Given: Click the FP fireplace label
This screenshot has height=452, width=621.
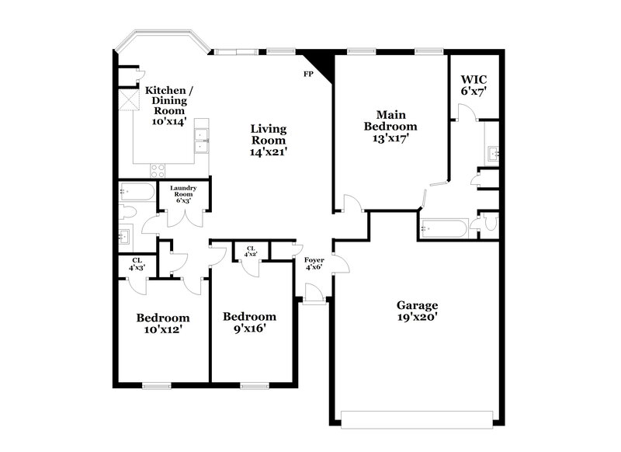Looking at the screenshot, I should tap(308, 75).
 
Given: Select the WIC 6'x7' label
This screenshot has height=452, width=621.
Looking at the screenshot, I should tap(474, 85).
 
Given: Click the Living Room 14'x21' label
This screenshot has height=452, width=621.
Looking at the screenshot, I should tap(269, 141).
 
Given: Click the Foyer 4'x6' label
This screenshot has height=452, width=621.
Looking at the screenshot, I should tap(314, 264).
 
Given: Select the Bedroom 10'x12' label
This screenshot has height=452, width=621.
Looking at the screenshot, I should tap(163, 323).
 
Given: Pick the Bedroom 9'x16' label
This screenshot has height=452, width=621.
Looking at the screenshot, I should tap(249, 322).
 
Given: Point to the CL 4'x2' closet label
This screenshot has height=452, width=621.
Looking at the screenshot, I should tap(252, 252).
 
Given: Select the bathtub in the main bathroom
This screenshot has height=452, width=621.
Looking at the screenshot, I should tap(443, 228).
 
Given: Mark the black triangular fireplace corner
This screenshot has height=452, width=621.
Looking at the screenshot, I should tap(320, 64).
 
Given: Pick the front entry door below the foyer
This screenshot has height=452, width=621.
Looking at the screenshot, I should tap(313, 295).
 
